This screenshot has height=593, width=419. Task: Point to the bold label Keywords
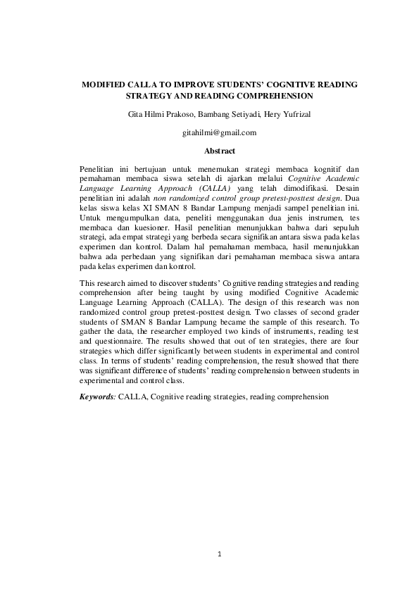(x=96, y=397)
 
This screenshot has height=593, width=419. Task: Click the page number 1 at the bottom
(x=220, y=554)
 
